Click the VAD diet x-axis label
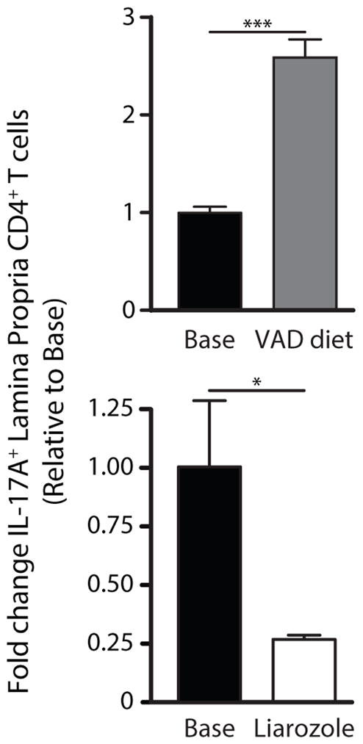click(306, 342)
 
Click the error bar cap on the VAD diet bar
click(305, 40)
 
